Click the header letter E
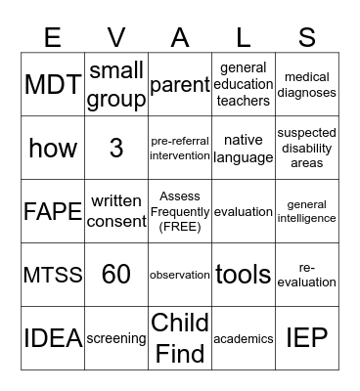(x=53, y=37)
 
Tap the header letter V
(x=116, y=37)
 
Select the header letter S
(x=306, y=37)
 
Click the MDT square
(x=53, y=85)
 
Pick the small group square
(x=116, y=85)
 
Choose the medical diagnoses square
(x=306, y=85)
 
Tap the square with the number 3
(x=116, y=148)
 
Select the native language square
(x=244, y=148)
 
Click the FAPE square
(x=53, y=211)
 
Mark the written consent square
(x=116, y=211)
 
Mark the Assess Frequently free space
(x=180, y=211)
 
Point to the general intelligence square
(x=306, y=211)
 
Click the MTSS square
(x=53, y=275)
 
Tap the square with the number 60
(x=116, y=275)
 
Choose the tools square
(x=244, y=275)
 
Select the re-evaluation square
(x=306, y=275)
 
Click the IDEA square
(x=53, y=338)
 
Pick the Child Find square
(x=180, y=338)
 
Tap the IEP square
(x=306, y=338)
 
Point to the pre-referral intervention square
(x=180, y=148)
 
